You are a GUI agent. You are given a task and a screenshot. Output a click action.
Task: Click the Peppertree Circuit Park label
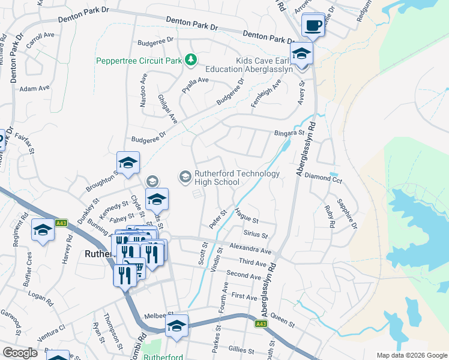point(140,60)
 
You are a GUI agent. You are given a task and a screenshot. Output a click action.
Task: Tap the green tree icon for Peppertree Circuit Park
point(190,59)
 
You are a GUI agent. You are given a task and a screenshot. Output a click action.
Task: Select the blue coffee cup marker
point(313,25)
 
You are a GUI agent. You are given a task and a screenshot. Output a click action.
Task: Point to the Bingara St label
point(286,133)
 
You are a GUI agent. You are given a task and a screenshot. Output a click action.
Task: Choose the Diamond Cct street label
point(324,178)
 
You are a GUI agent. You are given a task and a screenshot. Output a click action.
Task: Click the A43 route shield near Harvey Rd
point(60,223)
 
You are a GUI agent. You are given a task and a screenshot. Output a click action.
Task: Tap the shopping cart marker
point(137,267)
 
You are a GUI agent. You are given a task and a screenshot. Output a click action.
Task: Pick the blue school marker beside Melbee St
point(176,326)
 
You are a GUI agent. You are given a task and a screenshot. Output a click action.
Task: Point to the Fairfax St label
point(22,142)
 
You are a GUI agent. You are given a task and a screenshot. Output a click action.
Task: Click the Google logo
point(20,353)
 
